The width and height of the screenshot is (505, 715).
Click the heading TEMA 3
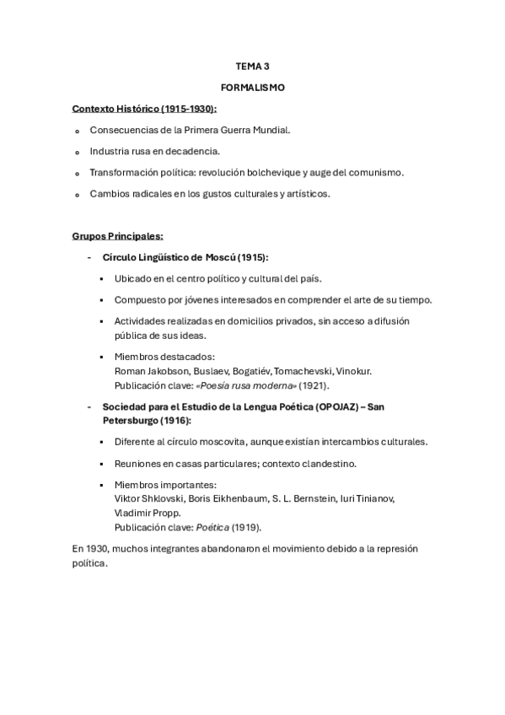click(x=252, y=65)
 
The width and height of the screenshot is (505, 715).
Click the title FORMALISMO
click(x=252, y=87)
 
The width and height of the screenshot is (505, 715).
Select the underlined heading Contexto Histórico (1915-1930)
click(x=144, y=109)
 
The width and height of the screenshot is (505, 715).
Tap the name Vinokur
click(x=353, y=371)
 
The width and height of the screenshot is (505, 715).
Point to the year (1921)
click(x=314, y=384)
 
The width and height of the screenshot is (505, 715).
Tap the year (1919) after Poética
click(x=246, y=527)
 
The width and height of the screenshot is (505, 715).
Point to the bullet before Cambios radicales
click(x=77, y=195)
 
